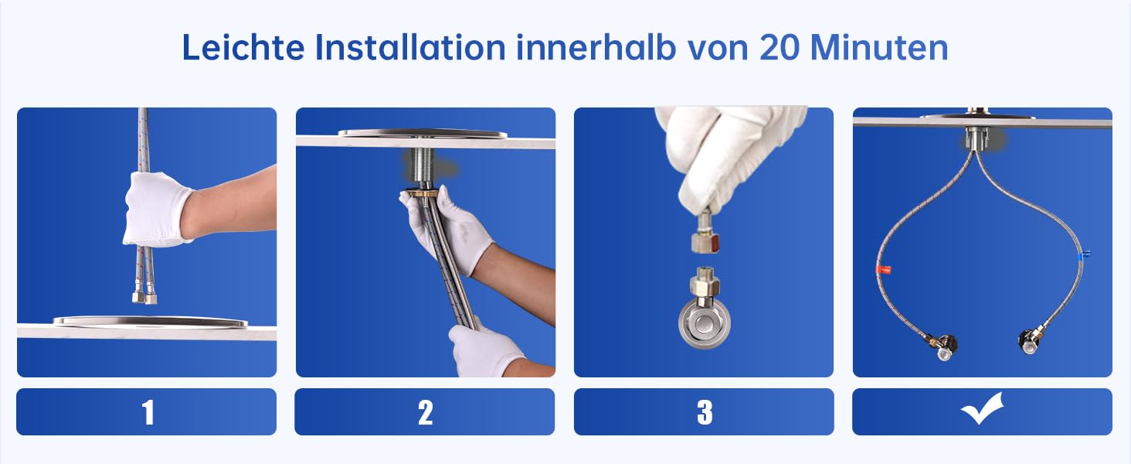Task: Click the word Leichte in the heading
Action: pyautogui.click(x=243, y=47)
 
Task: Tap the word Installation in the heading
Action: pyautogui.click(x=410, y=47)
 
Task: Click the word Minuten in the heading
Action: pyautogui.click(x=879, y=47)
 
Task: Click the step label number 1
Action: pyautogui.click(x=148, y=412)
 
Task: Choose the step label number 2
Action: pyautogui.click(x=425, y=412)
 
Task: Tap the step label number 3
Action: pyautogui.click(x=705, y=412)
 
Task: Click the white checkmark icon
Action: pyautogui.click(x=982, y=408)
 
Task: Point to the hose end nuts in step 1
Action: pyautogui.click(x=144, y=298)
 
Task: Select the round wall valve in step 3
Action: pyautogui.click(x=704, y=323)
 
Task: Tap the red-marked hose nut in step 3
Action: pyautogui.click(x=705, y=241)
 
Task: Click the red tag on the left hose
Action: pyautogui.click(x=883, y=270)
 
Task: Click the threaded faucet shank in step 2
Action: pyautogui.click(x=425, y=167)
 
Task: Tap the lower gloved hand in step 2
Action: pyautogui.click(x=484, y=350)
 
